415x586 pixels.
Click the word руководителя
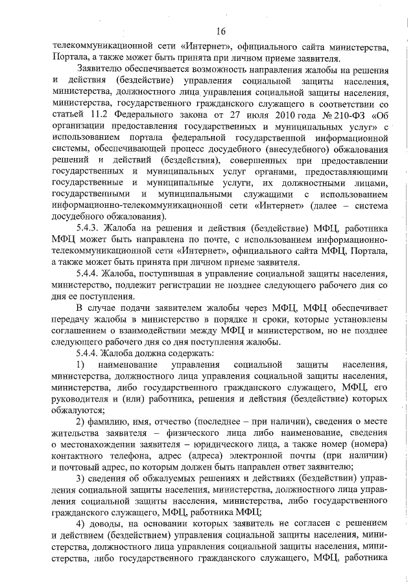82,400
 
